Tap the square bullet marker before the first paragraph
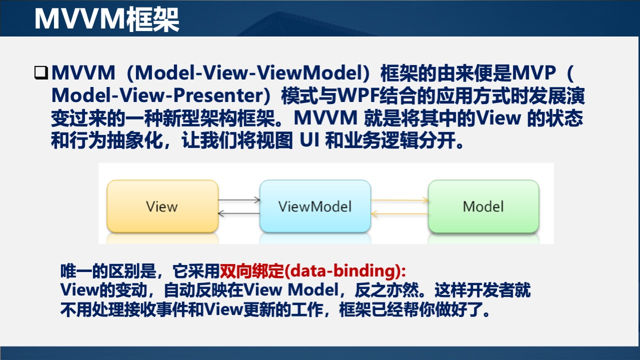click(40, 73)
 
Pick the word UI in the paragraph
click(309, 141)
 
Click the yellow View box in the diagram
click(162, 206)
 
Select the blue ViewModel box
click(315, 206)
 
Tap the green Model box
click(483, 206)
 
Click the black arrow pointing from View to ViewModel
click(239, 200)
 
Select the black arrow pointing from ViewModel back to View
click(239, 213)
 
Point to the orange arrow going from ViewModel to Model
click(399, 200)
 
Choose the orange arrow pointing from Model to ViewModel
click(399, 213)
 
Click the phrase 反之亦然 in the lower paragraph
click(389, 290)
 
